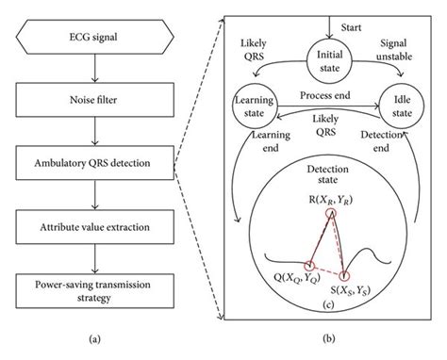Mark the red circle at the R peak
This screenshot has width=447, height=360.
[x=330, y=214]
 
